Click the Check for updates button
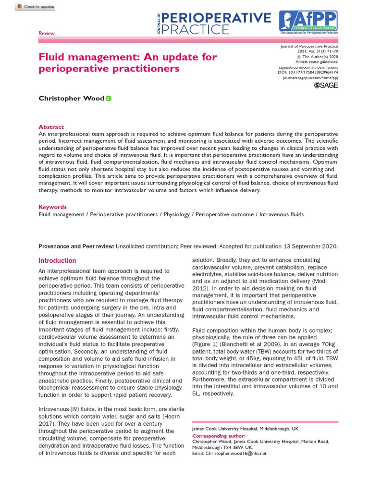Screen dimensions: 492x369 click(x=36, y=7)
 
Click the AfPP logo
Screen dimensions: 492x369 click(x=308, y=22)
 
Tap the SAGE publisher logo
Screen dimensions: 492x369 click(x=326, y=85)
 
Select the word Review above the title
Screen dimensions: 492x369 click(x=47, y=34)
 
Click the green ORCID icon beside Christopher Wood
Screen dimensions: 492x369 click(x=108, y=98)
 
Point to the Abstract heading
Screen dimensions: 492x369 click(x=51, y=127)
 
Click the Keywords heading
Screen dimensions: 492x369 click(x=52, y=207)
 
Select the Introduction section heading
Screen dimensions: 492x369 click(x=57, y=260)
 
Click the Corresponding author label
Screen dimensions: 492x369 click(x=219, y=436)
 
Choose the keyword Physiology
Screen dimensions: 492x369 click(x=176, y=214)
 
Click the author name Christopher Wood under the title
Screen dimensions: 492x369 click(x=71, y=98)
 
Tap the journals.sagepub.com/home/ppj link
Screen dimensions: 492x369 click(x=310, y=77)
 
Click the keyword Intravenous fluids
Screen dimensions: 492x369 click(x=282, y=214)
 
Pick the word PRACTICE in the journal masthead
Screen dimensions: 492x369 click(x=196, y=30)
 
